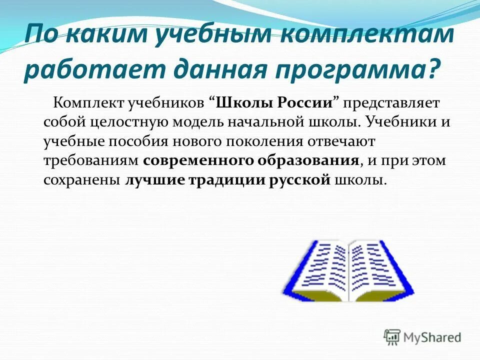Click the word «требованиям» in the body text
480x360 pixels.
90,161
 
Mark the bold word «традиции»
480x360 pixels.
223,180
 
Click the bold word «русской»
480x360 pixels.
299,180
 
